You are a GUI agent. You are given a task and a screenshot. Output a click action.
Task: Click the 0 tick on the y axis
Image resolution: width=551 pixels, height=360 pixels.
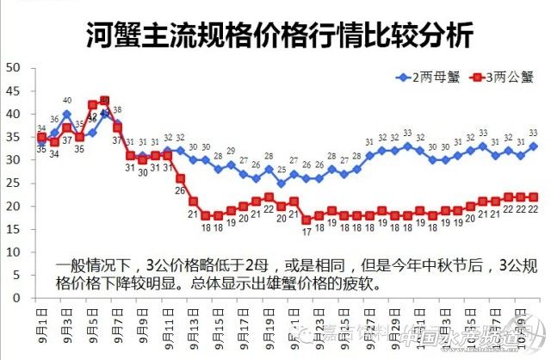click(x=16, y=298)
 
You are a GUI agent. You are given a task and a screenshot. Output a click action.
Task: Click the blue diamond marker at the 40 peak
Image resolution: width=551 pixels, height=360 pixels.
click(x=66, y=114)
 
